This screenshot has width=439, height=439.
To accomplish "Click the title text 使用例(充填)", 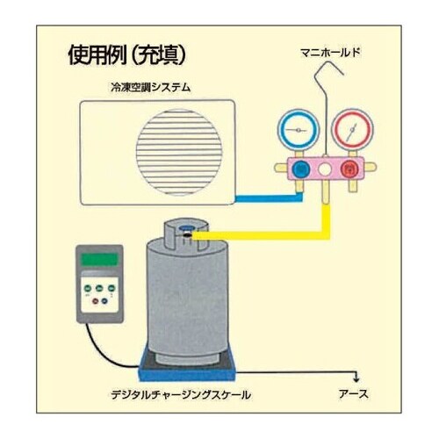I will [126, 54].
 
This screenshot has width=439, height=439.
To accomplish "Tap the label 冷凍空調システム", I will [152, 87].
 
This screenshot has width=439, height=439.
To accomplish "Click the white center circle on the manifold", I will [325, 168].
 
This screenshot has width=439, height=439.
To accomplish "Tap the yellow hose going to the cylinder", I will [263, 234].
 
